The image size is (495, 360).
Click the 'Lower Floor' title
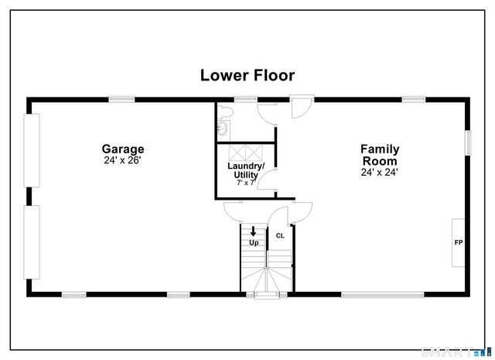(x=247, y=75)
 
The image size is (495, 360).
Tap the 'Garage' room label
(x=123, y=149)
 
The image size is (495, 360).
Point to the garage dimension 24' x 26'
(x=123, y=161)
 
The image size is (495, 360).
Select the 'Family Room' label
(x=379, y=154)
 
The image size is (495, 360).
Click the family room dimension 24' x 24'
(x=379, y=173)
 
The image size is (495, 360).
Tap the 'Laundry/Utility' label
(x=246, y=170)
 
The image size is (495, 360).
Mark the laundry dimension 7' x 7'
(x=246, y=183)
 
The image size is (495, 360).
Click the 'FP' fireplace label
(x=457, y=242)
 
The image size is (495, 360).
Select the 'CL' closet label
(x=280, y=235)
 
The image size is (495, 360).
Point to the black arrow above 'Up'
(x=253, y=231)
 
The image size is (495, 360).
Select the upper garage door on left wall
(x=33, y=150)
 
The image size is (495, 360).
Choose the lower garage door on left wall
(x=33, y=242)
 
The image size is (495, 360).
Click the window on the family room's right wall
(x=467, y=142)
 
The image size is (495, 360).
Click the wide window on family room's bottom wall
(x=382, y=294)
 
